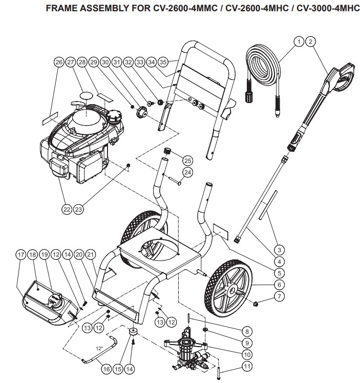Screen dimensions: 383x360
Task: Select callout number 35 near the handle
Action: [x=164, y=62]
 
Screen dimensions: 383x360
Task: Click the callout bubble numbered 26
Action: [x=58, y=62]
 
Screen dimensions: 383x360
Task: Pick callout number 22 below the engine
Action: [x=66, y=209]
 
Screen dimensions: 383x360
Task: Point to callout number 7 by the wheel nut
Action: [x=279, y=296]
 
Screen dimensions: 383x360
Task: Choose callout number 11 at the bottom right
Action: [x=247, y=366]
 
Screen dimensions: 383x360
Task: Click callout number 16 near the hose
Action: [x=106, y=368]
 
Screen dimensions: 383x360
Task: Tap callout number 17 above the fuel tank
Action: [x=21, y=254]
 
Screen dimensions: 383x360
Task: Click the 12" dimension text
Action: [x=99, y=348]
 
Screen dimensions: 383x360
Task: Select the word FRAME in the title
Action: [x=59, y=9]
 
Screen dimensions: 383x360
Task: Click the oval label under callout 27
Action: [x=87, y=95]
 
